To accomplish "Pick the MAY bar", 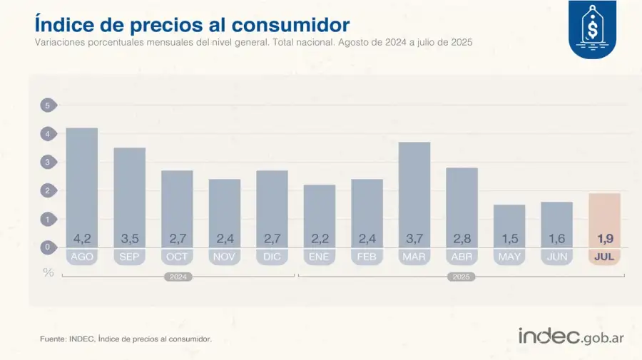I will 509,225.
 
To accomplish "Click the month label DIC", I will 272,257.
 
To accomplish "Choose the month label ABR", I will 462,257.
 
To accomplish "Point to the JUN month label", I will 556,257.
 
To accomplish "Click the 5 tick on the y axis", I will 48,106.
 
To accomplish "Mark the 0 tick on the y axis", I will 48,247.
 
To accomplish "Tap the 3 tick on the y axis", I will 48,163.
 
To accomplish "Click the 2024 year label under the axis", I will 178,277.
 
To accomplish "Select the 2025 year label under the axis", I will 461,277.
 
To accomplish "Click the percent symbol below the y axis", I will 48,272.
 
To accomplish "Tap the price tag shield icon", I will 592,30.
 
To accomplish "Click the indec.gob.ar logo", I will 571,336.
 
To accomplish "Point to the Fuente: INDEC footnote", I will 126,339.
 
